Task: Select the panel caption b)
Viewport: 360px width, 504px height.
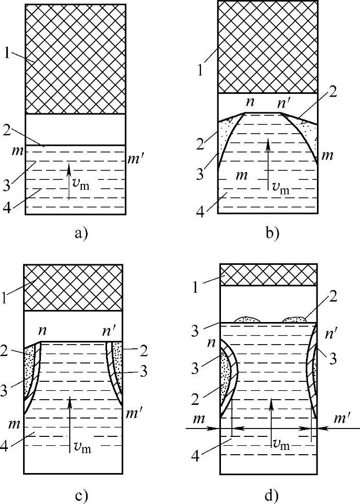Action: tap(271, 233)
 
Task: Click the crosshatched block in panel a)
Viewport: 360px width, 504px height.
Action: tap(76, 59)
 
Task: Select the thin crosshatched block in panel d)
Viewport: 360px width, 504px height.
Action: tap(268, 275)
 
